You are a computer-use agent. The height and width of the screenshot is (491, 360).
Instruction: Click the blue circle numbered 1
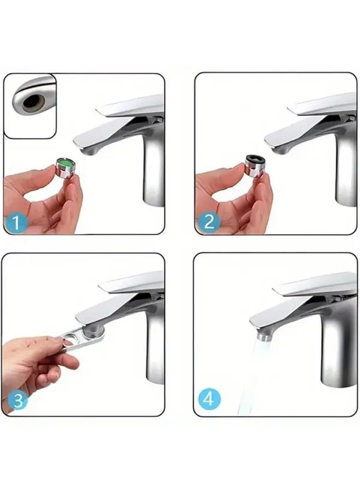(16, 223)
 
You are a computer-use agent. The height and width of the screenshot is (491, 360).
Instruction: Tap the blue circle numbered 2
(209, 221)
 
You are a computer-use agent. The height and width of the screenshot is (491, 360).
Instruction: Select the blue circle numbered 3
(17, 400)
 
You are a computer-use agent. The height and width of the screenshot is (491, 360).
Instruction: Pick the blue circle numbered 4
(209, 400)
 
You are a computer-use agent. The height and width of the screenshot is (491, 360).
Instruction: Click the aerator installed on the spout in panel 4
(264, 336)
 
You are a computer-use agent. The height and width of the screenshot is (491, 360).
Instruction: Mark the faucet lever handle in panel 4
(316, 284)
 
